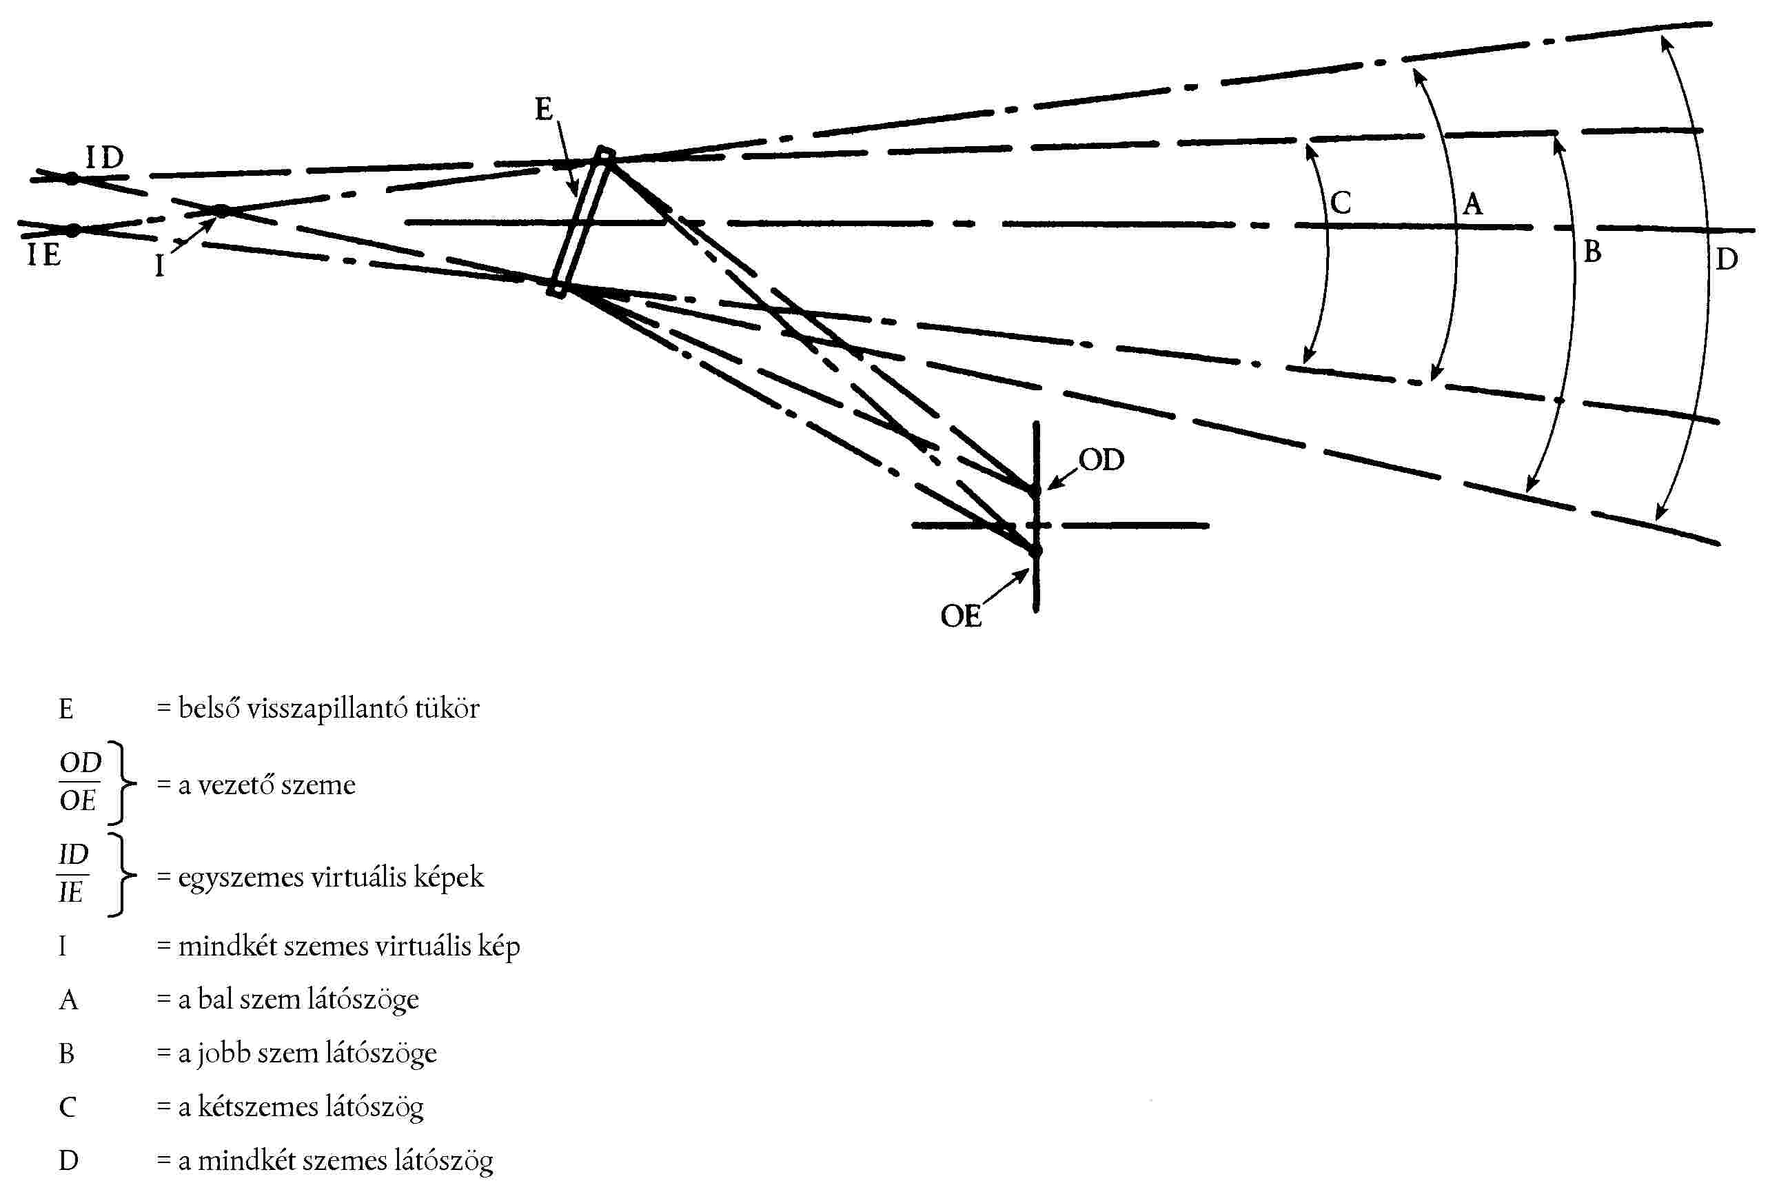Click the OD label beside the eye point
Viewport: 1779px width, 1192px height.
(1101, 459)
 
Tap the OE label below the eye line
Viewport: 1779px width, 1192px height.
(961, 616)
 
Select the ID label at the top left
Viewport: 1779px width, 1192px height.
(104, 158)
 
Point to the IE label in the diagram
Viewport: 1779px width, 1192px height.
(44, 254)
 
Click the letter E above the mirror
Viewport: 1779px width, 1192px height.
(543, 110)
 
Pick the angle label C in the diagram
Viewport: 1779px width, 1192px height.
(1341, 203)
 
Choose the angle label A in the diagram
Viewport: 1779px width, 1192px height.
(1472, 204)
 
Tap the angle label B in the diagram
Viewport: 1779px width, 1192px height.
(1592, 252)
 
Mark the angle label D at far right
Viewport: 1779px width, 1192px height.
(1727, 260)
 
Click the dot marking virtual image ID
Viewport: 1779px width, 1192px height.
(72, 179)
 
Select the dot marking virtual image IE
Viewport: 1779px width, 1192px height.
(73, 230)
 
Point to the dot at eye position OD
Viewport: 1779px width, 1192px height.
(1035, 490)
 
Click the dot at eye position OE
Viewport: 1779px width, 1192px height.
(1035, 549)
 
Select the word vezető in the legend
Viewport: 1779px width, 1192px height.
(236, 785)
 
